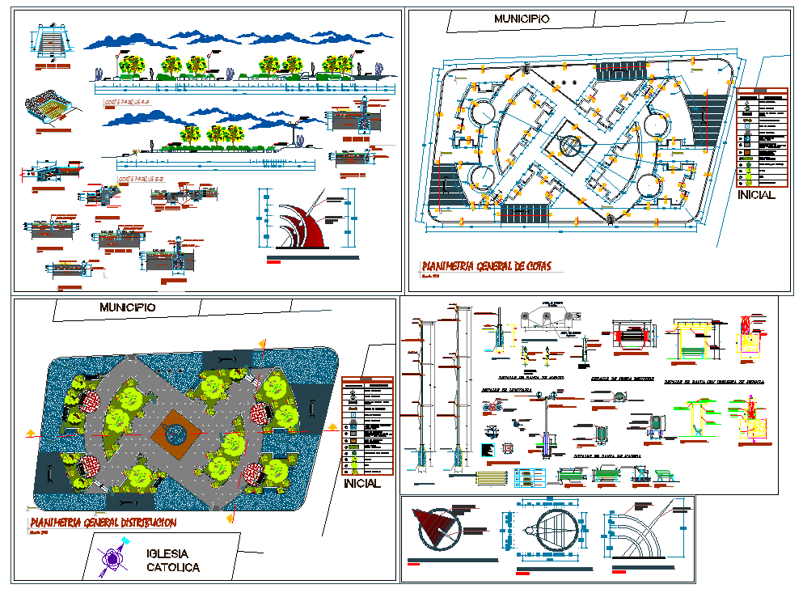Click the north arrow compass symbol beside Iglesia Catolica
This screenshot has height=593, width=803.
pos(112,559)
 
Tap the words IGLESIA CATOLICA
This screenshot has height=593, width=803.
pos(172,560)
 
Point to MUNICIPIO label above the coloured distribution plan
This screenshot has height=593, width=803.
pos(127,307)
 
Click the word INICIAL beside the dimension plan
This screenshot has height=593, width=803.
pos(756,195)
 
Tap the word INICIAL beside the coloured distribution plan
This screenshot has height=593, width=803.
pos(361,484)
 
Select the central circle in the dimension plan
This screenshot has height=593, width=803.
pos(570,146)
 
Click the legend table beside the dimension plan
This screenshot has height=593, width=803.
pos(761,137)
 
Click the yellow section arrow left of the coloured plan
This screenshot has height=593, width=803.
pos(31,434)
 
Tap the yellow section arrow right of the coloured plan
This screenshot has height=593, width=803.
pos(332,431)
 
